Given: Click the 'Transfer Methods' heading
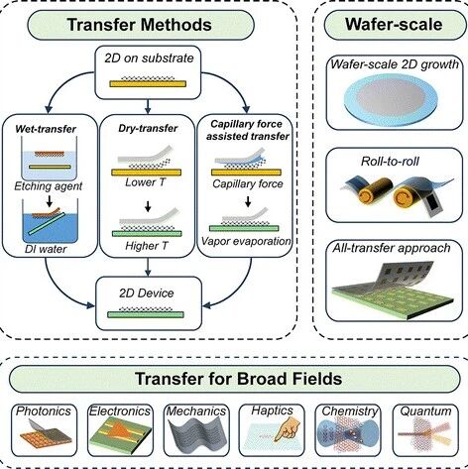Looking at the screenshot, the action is [x=139, y=25].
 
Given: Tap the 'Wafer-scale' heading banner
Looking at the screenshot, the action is [x=394, y=24].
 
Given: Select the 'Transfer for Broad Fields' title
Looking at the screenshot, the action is [x=238, y=379].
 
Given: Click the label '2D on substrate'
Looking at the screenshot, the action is [x=149, y=59].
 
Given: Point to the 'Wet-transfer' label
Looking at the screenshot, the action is [x=46, y=129].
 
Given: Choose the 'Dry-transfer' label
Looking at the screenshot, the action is [x=148, y=129].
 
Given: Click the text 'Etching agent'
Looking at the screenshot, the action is [x=48, y=186].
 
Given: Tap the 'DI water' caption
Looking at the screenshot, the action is [x=46, y=249].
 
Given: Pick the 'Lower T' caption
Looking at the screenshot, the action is [x=145, y=182].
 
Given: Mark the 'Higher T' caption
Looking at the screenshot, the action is [x=147, y=246].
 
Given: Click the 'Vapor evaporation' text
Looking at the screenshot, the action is [x=246, y=241].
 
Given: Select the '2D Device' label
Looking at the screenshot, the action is [x=147, y=293].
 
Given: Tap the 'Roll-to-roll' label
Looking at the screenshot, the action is [x=390, y=162].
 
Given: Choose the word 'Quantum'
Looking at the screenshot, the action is [x=425, y=411].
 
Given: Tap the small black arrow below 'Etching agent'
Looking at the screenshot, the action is [x=50, y=200].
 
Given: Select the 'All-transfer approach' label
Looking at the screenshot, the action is [x=392, y=248].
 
